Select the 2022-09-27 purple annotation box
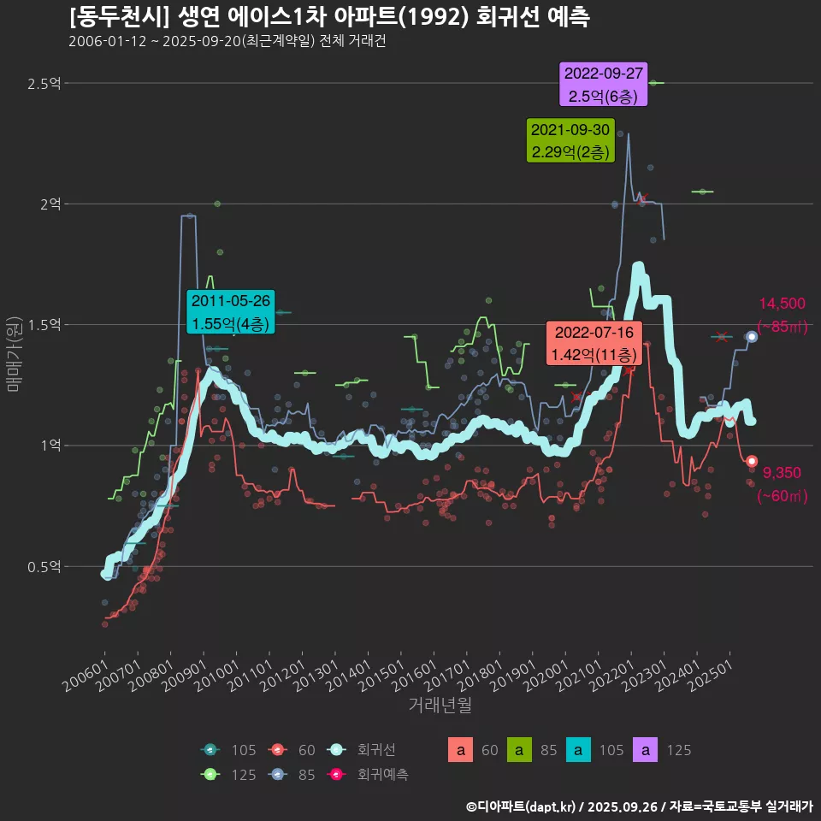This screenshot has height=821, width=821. point(604,84)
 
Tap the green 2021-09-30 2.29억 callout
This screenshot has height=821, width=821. point(570,140)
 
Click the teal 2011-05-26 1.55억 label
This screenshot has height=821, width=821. point(231,312)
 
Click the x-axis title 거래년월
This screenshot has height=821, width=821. point(440,705)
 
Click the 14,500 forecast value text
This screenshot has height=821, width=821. point(782,304)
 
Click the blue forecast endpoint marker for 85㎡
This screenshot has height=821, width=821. point(752,336)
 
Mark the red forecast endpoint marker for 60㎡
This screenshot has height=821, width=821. point(752,462)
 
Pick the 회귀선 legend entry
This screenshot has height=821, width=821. point(363,750)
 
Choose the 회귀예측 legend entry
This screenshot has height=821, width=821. point(369,775)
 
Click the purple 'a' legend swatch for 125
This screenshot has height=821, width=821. point(645,750)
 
